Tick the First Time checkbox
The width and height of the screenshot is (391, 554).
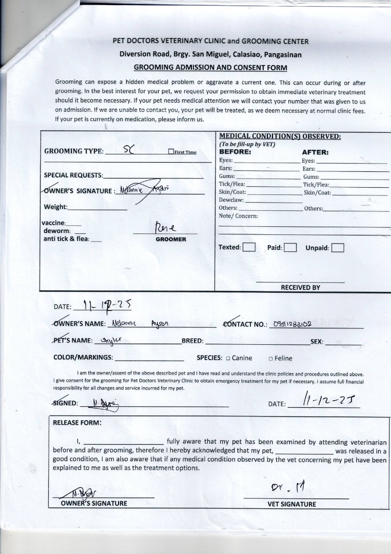click(171, 152)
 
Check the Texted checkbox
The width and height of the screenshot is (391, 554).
click(249, 247)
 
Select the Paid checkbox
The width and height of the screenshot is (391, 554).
click(290, 248)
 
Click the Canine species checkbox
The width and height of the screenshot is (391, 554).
click(228, 358)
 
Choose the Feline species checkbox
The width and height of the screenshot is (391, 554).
click(270, 358)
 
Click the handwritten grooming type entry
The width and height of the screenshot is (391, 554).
click(128, 150)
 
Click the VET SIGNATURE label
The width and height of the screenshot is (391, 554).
click(291, 504)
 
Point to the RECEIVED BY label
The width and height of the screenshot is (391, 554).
click(300, 287)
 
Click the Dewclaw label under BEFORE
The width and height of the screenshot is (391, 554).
click(231, 200)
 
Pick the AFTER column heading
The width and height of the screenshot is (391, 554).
click(315, 152)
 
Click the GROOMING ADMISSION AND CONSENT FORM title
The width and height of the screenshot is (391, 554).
click(210, 67)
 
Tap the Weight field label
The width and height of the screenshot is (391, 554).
click(55, 207)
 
